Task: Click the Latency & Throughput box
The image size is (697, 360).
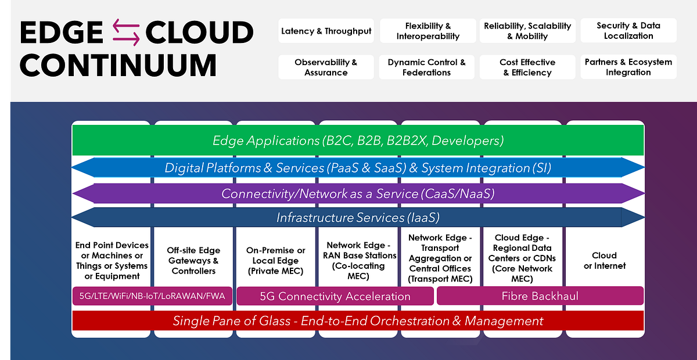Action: pyautogui.click(x=326, y=31)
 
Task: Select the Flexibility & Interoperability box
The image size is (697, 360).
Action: pyautogui.click(x=428, y=31)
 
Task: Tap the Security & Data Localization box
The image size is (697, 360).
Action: pyautogui.click(x=628, y=31)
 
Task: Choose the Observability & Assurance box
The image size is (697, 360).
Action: pyautogui.click(x=326, y=67)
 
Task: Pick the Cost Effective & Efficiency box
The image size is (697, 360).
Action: pyautogui.click(x=527, y=67)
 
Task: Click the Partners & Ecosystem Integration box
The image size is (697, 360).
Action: pyautogui.click(x=628, y=67)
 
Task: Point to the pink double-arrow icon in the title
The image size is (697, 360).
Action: pyautogui.click(x=126, y=33)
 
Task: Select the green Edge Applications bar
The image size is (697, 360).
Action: pyautogui.click(x=358, y=141)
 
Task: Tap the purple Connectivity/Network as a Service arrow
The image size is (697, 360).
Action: pyautogui.click(x=358, y=193)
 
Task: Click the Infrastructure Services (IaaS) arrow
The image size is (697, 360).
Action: pyautogui.click(x=358, y=218)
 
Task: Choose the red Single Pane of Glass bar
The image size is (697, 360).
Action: pyautogui.click(x=358, y=321)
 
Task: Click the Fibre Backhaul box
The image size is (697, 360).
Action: pyautogui.click(x=540, y=296)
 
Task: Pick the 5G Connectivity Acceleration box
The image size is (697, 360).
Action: pyautogui.click(x=335, y=296)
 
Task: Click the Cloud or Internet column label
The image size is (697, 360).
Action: pyautogui.click(x=605, y=260)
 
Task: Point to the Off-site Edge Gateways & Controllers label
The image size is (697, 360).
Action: pyautogui.click(x=193, y=260)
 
